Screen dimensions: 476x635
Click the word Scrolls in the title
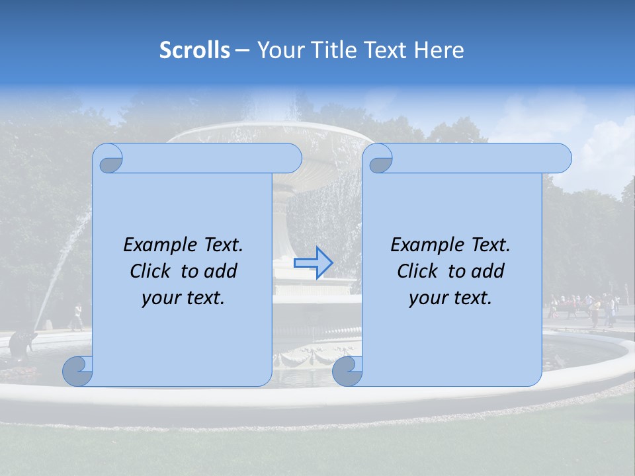tap(194, 50)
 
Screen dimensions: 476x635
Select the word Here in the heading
tap(439, 50)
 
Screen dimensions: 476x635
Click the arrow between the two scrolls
tap(313, 262)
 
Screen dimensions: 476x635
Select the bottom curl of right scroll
tap(347, 371)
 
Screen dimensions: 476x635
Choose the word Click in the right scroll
tap(417, 271)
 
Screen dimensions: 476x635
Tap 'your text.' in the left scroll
tap(183, 297)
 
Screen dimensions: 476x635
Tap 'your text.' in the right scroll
tap(450, 297)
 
